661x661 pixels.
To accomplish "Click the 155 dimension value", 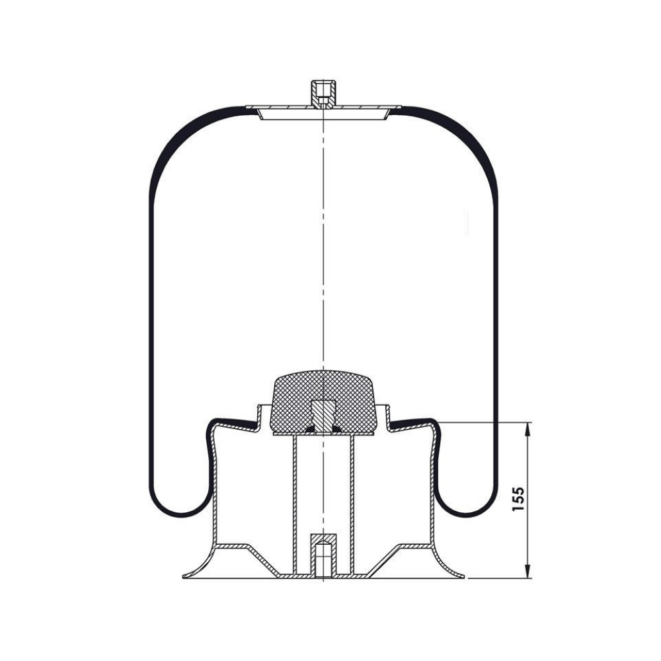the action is pyautogui.click(x=518, y=499).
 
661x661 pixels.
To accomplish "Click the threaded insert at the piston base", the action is pyautogui.click(x=323, y=556).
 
